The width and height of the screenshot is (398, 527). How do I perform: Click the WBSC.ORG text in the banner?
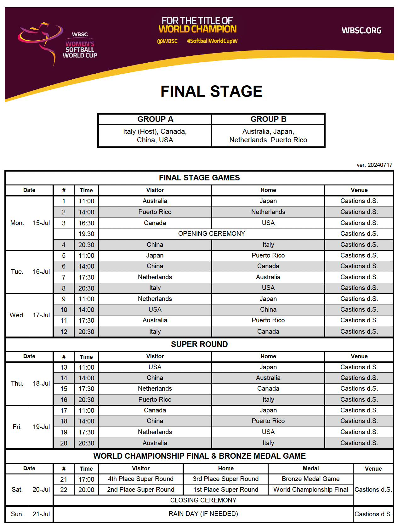point(361,31)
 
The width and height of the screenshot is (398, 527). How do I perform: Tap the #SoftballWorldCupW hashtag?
point(212,41)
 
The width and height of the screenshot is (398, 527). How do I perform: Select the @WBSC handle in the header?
point(167,41)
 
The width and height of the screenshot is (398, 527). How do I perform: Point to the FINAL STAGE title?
point(211,91)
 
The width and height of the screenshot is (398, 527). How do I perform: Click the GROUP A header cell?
point(155,119)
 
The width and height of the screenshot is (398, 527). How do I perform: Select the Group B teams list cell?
point(268,136)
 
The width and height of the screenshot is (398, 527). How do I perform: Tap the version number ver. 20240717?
point(374,165)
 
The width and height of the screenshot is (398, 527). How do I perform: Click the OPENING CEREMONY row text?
point(211,234)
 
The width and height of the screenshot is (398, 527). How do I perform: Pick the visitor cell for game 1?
point(155,201)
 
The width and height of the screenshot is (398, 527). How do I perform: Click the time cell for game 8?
point(86,288)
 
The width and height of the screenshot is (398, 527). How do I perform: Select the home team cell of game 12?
point(268,331)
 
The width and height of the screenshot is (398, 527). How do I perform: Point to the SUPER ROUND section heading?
point(199,344)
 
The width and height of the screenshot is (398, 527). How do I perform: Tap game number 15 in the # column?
point(64,389)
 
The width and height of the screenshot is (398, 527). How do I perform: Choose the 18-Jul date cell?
point(41,383)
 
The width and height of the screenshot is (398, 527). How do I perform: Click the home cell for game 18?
point(268,421)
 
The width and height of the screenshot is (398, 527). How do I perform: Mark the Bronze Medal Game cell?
point(310,479)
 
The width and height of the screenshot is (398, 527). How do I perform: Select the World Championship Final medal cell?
point(310,490)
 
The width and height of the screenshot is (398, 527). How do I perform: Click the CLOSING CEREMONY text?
point(203,500)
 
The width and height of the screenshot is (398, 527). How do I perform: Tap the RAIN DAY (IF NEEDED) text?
point(203,514)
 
